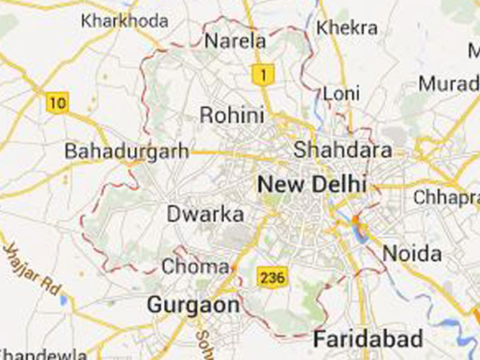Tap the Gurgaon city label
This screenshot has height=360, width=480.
click(x=193, y=305)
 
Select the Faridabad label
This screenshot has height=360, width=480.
click(x=367, y=338)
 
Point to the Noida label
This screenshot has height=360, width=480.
click(x=412, y=254)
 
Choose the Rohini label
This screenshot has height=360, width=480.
click(x=231, y=116)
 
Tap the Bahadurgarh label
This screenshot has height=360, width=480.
click(x=127, y=150)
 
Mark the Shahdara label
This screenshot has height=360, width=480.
click(x=342, y=150)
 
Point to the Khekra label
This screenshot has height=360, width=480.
click(x=346, y=27)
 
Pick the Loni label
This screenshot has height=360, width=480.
click(x=342, y=94)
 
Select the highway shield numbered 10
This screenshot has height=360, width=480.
click(x=57, y=102)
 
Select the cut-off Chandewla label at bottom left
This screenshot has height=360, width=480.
click(x=40, y=353)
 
